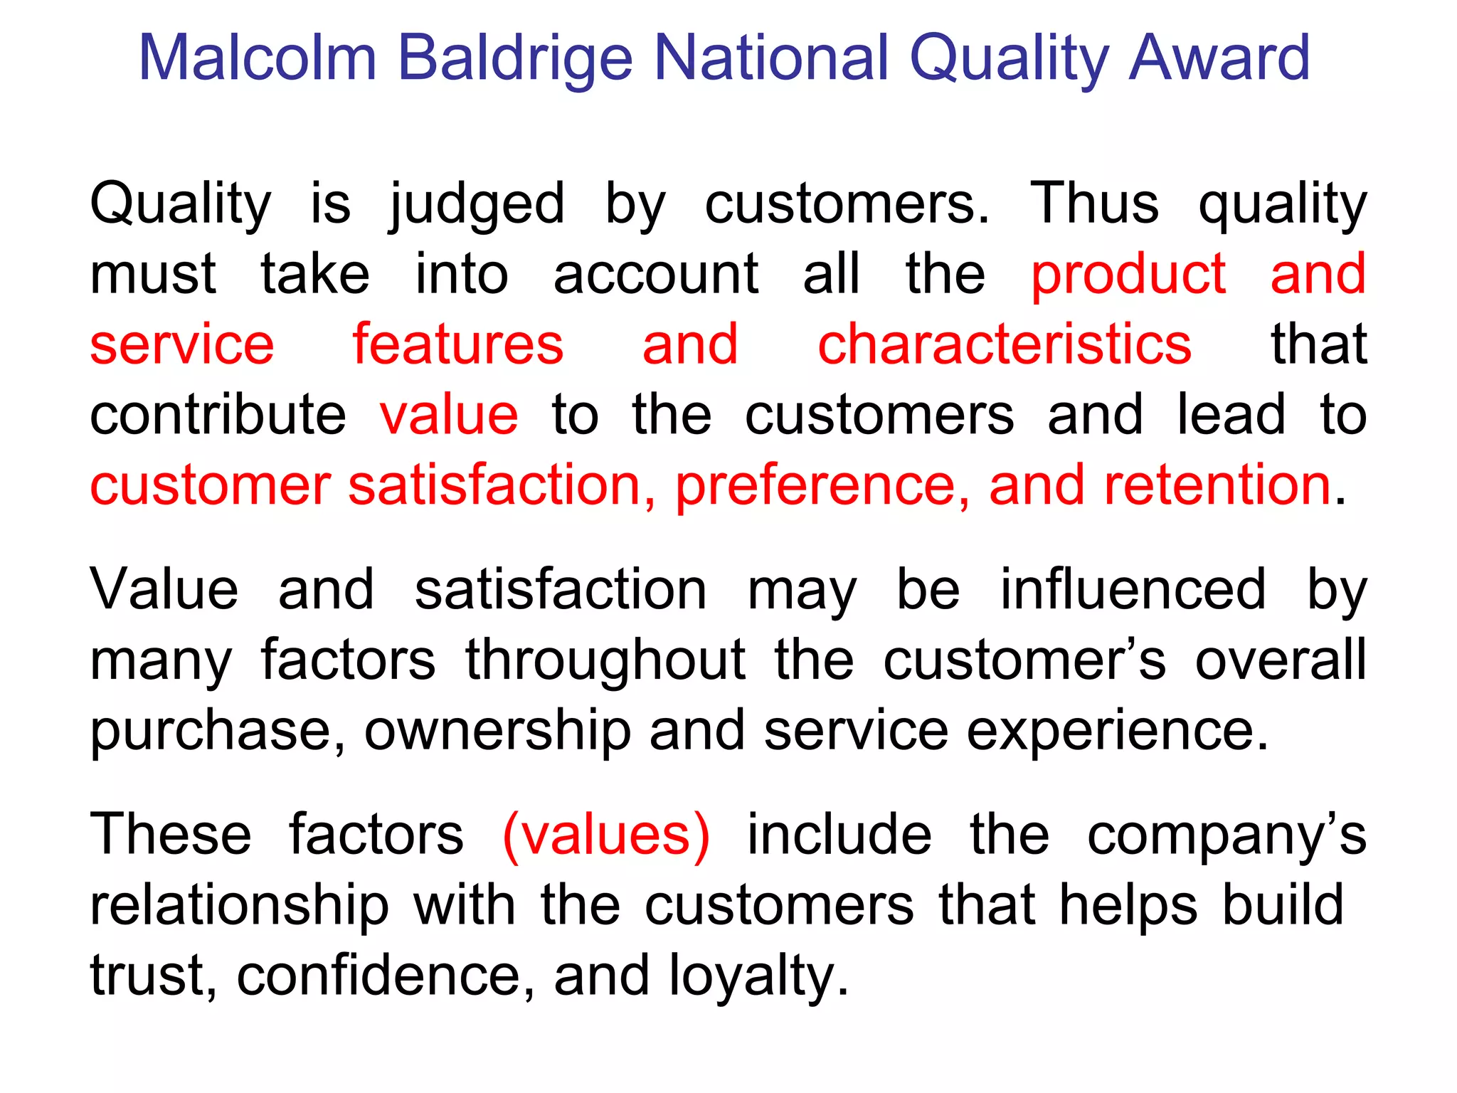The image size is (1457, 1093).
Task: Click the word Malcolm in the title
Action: pos(257,58)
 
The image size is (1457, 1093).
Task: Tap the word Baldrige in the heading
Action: pos(514,58)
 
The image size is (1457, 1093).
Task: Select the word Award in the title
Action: pos(1219,58)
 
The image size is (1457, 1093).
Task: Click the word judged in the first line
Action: pos(477,204)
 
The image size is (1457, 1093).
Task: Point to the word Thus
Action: pos(1093,204)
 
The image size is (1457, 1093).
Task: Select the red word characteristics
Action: pos(1004,344)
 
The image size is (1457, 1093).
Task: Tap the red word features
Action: pos(457,344)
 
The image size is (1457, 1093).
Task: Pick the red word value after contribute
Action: pos(449,415)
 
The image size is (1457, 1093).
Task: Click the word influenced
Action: pos(1133,590)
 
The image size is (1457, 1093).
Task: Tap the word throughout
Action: pos(605,660)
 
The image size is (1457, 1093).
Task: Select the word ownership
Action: pos(497,731)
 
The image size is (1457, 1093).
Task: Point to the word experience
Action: pos(1117,731)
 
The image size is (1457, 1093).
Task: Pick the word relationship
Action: pos(239,905)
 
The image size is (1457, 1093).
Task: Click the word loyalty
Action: pos(758,976)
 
